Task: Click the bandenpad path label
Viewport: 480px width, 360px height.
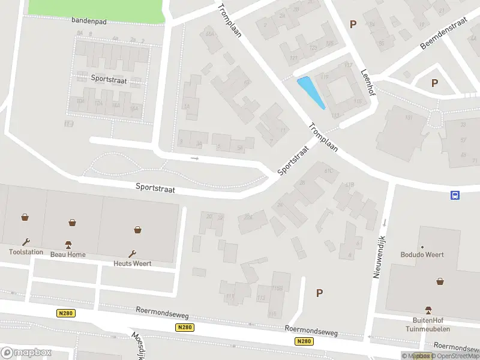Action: tap(88, 20)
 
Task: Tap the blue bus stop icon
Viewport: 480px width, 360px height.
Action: tap(455, 194)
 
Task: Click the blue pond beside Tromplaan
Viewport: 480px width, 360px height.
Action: tap(311, 92)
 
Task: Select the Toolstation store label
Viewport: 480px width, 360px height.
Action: tap(26, 252)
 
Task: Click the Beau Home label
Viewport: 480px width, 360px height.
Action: tap(68, 254)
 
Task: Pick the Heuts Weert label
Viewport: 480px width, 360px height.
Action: tap(133, 263)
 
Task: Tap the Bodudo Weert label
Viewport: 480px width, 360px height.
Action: tap(422, 254)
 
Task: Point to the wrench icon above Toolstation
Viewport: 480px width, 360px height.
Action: tap(26, 242)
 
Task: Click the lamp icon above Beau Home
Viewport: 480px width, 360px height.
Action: tap(68, 245)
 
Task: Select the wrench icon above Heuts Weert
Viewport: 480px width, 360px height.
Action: tap(133, 254)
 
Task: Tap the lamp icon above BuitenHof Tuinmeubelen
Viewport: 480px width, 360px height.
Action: tap(428, 310)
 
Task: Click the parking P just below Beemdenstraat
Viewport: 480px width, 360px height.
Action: tap(434, 83)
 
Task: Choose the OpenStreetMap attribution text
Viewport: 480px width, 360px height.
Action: tap(455, 356)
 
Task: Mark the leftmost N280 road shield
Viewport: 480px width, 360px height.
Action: tap(65, 313)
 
